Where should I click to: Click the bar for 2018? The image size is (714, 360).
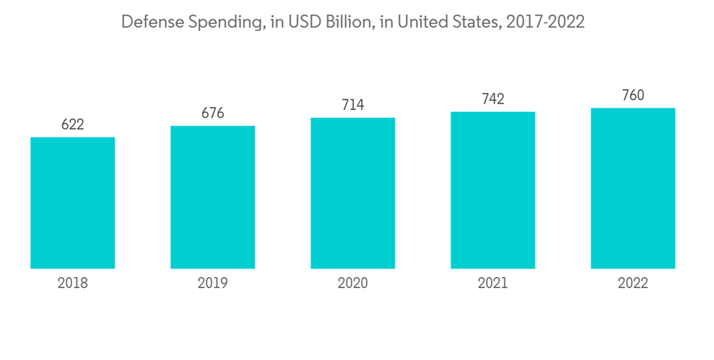(73, 203)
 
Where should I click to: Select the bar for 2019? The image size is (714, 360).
(213, 197)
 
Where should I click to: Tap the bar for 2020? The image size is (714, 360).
(353, 193)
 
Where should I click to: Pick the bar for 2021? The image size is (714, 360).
(493, 190)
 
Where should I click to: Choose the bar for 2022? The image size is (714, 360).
(633, 189)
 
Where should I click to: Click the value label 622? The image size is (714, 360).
(73, 125)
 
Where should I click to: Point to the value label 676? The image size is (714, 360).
(213, 114)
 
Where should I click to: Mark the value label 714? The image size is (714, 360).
(353, 105)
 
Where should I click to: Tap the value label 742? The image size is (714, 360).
(493, 99)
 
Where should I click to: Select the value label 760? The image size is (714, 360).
(633, 96)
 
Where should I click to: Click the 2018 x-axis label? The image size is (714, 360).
(73, 284)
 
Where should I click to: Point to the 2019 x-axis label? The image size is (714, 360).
(213, 284)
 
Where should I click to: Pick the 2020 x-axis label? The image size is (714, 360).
(353, 284)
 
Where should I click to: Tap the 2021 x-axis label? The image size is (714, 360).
(493, 284)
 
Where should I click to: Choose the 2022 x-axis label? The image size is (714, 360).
(633, 284)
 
